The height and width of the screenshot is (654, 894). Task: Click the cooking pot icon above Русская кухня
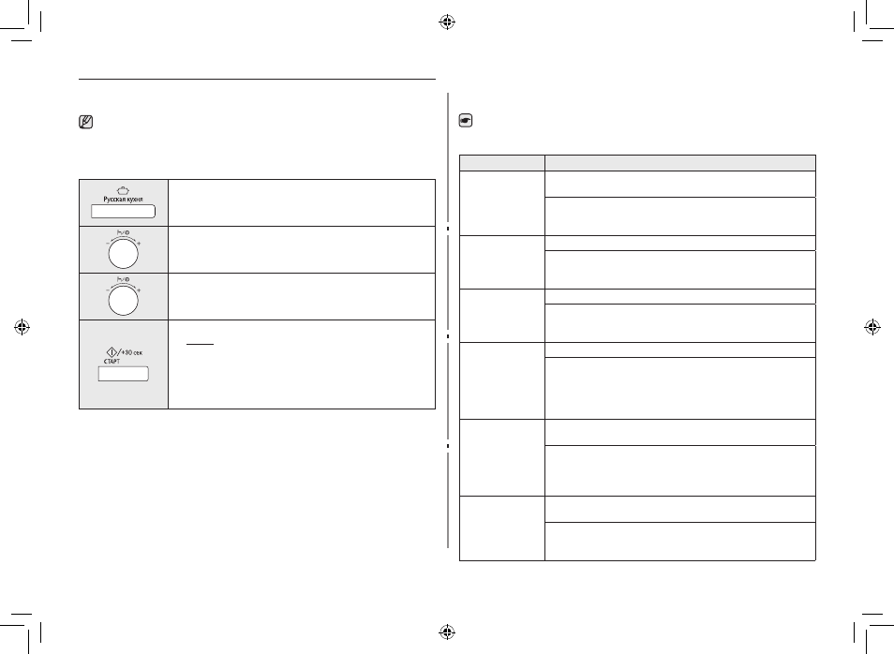(123, 190)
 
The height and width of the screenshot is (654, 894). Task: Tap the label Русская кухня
(123, 200)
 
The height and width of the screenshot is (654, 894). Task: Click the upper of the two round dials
(123, 254)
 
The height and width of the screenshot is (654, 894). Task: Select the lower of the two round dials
(123, 301)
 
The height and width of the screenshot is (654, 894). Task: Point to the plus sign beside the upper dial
(139, 243)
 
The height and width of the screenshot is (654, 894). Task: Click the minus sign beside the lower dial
(107, 290)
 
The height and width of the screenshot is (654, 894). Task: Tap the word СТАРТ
(112, 362)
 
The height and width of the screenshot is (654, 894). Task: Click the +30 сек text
(132, 353)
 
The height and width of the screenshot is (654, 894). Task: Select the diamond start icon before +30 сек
(112, 352)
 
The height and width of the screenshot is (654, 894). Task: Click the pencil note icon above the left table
(85, 122)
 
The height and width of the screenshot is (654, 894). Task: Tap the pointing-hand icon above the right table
(465, 120)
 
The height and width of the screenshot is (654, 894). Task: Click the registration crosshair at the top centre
(447, 22)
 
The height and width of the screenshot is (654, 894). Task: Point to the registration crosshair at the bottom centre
(447, 632)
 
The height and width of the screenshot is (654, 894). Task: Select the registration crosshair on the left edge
(22, 327)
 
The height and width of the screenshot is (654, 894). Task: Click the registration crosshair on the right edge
(872, 327)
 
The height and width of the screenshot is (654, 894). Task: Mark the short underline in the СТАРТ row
(200, 345)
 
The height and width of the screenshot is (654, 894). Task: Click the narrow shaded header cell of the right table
(501, 162)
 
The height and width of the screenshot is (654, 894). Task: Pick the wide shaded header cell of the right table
(680, 162)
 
